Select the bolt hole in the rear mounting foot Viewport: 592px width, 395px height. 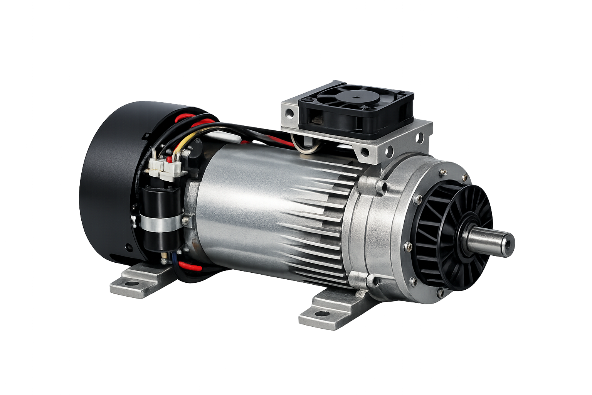pyautogui.click(x=132, y=283)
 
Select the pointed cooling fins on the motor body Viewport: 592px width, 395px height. pyautogui.click(x=320, y=216)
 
